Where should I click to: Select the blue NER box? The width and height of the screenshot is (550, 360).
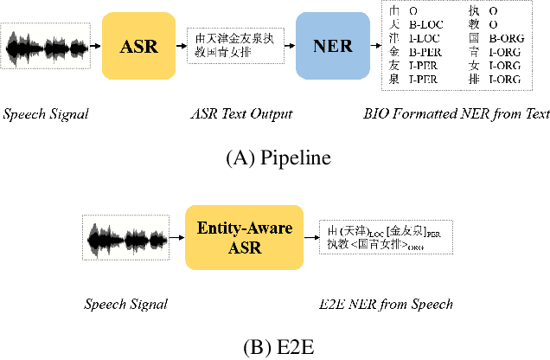pyautogui.click(x=330, y=47)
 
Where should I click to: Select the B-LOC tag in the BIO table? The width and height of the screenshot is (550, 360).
pyautogui.click(x=426, y=25)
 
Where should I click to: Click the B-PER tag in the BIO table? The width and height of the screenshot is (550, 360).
pyautogui.click(x=426, y=51)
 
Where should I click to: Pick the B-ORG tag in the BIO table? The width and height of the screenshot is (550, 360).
pyautogui.click(x=506, y=38)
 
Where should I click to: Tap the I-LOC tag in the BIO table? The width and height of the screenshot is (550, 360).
pyautogui.click(x=426, y=38)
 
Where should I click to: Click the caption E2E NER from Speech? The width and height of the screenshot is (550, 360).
pyautogui.click(x=385, y=304)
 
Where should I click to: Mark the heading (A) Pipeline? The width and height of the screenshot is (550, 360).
pyautogui.click(x=274, y=158)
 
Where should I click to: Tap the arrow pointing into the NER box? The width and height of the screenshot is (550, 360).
pyautogui.click(x=290, y=47)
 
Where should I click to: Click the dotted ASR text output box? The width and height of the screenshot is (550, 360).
pyautogui.click(x=234, y=45)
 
